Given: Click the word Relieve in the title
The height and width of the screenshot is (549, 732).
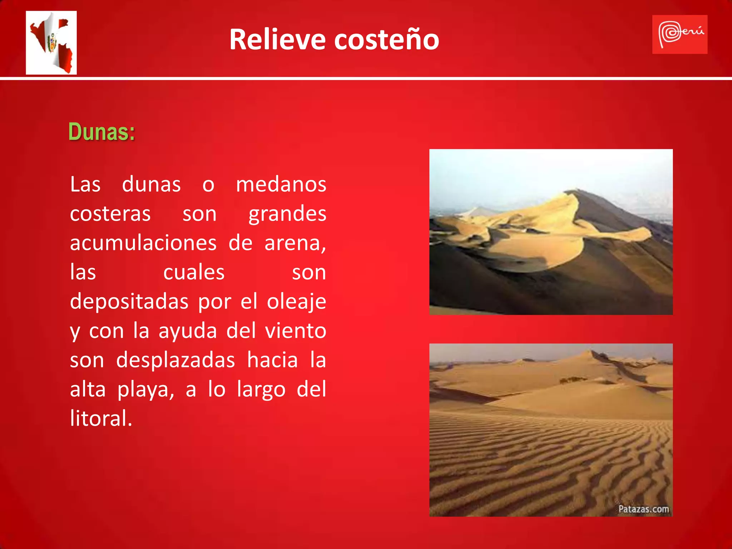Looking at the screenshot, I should coord(277,39).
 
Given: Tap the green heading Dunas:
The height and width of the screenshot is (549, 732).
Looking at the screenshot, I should coord(102,132).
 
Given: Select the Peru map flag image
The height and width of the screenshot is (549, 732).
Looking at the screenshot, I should coord(51,43).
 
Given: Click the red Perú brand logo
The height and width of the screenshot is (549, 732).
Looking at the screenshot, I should coord(679,34).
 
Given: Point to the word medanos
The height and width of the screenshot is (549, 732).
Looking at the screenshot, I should coord(281,185).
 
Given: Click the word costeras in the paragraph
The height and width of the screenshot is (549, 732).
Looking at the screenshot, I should coord(110,214).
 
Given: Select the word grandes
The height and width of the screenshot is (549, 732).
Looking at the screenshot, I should coord(287,214).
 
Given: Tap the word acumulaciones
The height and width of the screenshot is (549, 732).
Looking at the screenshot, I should coord(143,243).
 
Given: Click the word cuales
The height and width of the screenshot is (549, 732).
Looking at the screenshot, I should coord(194,272).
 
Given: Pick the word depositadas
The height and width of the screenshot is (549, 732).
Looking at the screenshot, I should coord(129,302).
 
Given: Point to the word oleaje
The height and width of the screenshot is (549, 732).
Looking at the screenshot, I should coord(296,302).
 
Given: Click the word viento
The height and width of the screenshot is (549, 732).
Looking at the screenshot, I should coord(295,331).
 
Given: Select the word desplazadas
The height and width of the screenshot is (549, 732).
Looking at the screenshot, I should coord(175,360).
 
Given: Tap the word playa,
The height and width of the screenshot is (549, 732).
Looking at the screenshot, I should coord(146,390).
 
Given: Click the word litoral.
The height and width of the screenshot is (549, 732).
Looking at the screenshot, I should coord(101,419).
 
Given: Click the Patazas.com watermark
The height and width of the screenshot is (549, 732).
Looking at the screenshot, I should coord(643,509).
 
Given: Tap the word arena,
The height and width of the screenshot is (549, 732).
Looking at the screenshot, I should coord(295,243).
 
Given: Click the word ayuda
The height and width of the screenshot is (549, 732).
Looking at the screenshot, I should coord(188,331).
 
